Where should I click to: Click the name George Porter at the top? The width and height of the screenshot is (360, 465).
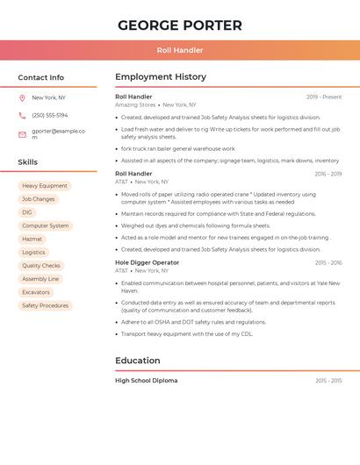pyautogui.click(x=179, y=25)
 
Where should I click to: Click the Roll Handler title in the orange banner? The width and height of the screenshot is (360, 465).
pyautogui.click(x=179, y=50)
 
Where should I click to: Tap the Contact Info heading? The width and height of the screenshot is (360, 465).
pyautogui.click(x=40, y=77)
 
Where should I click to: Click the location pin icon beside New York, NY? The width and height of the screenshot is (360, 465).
pyautogui.click(x=22, y=97)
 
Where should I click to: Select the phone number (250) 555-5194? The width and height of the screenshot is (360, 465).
pyautogui.click(x=49, y=115)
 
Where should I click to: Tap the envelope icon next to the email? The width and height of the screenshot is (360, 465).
pyautogui.click(x=22, y=134)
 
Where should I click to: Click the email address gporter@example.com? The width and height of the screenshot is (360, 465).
pyautogui.click(x=58, y=133)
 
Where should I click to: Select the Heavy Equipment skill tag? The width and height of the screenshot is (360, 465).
pyautogui.click(x=44, y=186)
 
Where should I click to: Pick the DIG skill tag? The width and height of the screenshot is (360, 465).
pyautogui.click(x=27, y=212)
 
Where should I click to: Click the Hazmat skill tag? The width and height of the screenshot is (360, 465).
pyautogui.click(x=32, y=239)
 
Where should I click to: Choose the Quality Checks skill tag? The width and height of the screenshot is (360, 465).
pyautogui.click(x=41, y=266)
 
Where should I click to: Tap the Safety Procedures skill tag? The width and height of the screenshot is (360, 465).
pyautogui.click(x=45, y=305)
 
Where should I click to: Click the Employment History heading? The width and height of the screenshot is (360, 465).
pyautogui.click(x=161, y=77)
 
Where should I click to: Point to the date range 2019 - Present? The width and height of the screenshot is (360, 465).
pyautogui.click(x=324, y=97)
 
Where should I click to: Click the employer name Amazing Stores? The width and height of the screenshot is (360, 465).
pyautogui.click(x=135, y=104)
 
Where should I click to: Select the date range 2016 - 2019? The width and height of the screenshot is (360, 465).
pyautogui.click(x=328, y=174)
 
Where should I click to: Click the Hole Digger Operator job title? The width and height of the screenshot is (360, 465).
pyautogui.click(x=147, y=262)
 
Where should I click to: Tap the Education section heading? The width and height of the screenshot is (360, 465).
pyautogui.click(x=138, y=361)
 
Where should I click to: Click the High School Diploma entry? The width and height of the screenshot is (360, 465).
pyautogui.click(x=146, y=381)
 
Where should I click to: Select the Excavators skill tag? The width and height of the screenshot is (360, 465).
pyautogui.click(x=36, y=292)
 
